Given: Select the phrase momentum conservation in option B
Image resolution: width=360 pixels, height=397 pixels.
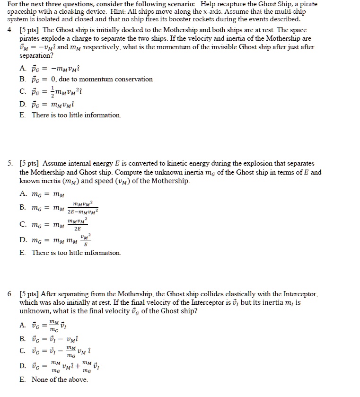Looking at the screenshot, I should (x=123, y=79).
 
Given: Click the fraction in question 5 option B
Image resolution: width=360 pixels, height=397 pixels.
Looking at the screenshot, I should (x=83, y=207).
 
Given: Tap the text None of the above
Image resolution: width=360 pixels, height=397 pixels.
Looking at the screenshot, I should (x=60, y=379).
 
